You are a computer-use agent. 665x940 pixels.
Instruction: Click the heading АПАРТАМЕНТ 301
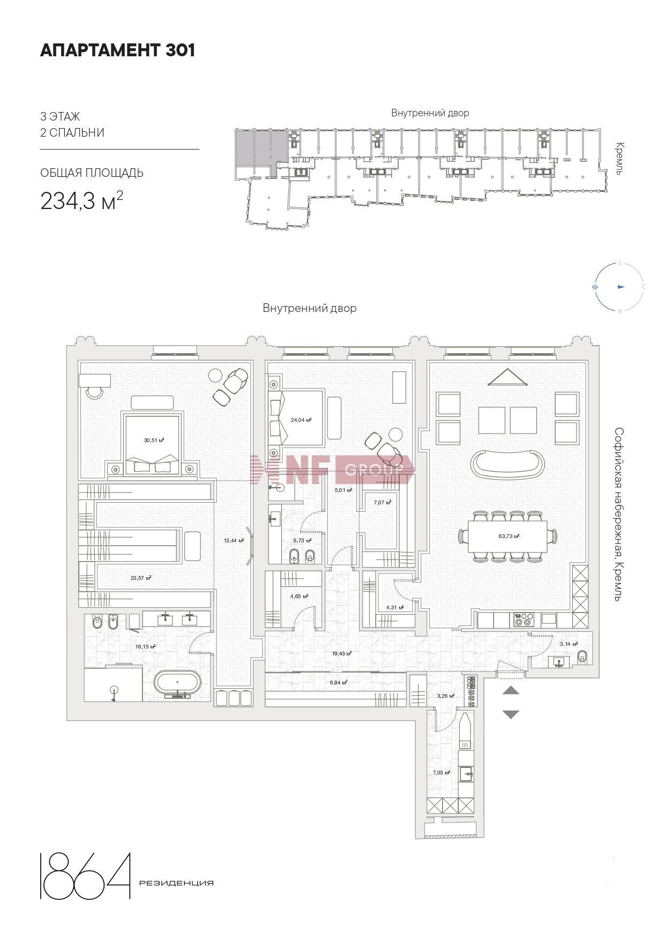(118, 50)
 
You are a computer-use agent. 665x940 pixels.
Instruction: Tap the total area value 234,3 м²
(82, 200)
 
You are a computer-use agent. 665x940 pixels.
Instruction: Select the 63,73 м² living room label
(509, 536)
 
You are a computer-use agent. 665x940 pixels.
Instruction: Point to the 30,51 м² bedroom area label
(154, 440)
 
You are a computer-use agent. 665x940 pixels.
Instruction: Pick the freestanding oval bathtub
(178, 685)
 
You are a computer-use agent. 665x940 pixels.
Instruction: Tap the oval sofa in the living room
(507, 464)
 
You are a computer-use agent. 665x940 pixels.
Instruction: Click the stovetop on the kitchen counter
(523, 620)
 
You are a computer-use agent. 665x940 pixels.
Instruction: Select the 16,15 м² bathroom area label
(145, 647)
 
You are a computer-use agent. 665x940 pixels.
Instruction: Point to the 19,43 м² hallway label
(341, 653)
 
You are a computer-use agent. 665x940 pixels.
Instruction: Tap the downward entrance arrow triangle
(511, 714)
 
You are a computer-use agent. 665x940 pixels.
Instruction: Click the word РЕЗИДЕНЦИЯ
(176, 883)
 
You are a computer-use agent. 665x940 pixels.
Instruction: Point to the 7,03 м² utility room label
(442, 773)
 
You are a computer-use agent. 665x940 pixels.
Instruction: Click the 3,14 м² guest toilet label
(569, 644)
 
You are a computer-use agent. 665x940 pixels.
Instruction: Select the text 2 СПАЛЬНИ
(72, 132)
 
